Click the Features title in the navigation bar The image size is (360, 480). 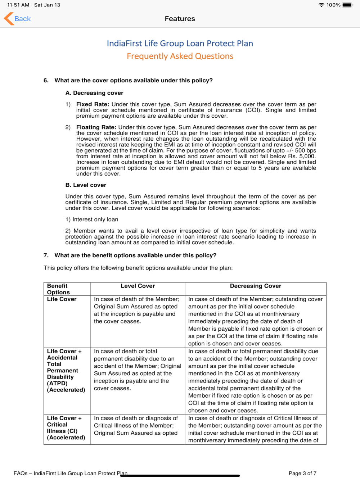[x=180, y=19]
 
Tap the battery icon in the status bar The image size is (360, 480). [x=348, y=5]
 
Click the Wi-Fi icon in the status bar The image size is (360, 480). [x=321, y=5]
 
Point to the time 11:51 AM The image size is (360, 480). [x=18, y=5]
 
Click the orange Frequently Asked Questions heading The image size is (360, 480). [x=180, y=56]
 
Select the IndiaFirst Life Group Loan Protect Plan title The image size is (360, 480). [x=180, y=44]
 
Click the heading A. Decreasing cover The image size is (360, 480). [x=94, y=93]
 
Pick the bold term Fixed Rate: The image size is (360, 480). [x=93, y=104]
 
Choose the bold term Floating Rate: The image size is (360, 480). [x=96, y=127]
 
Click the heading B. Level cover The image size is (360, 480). [x=86, y=185]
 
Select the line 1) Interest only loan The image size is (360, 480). [x=92, y=219]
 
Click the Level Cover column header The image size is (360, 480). [x=138, y=286]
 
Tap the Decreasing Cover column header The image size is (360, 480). [x=255, y=286]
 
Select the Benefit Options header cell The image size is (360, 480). [x=58, y=289]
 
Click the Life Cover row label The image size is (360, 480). [x=62, y=299]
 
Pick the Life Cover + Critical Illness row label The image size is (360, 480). [x=66, y=428]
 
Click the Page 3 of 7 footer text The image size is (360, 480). [x=302, y=473]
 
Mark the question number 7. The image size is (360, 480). [x=46, y=255]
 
